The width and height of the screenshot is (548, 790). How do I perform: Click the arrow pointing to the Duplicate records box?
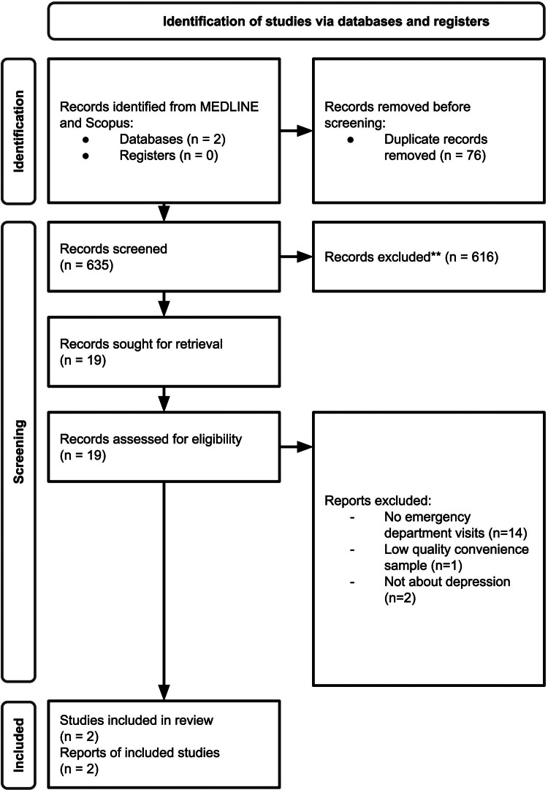tap(295, 131)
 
